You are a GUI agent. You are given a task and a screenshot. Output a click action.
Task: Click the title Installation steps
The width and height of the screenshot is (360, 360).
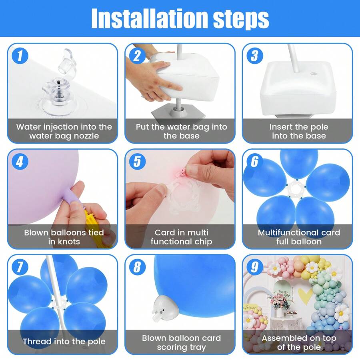pyautogui.click(x=180, y=18)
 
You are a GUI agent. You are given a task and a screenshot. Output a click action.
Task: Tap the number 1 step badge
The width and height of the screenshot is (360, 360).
pyautogui.click(x=20, y=56)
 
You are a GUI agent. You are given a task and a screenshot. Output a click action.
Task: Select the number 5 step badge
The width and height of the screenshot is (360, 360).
pyautogui.click(x=137, y=162)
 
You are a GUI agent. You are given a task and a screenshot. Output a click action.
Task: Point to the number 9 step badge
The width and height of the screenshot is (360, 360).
pyautogui.click(x=254, y=267)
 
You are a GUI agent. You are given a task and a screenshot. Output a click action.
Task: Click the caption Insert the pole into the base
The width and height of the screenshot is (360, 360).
pyautogui.click(x=299, y=131)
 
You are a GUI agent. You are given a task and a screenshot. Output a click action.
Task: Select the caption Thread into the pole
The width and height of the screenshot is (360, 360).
pyautogui.click(x=64, y=342)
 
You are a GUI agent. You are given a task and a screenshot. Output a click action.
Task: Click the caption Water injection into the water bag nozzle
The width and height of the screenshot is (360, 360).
pyautogui.click(x=64, y=131)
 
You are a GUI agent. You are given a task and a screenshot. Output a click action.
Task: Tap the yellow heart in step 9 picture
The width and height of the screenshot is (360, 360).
pyautogui.click(x=306, y=296)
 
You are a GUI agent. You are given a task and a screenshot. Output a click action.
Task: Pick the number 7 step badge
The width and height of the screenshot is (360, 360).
pyautogui.click(x=20, y=267)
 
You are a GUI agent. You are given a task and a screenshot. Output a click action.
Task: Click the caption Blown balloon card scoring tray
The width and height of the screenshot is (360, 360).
pyautogui.click(x=181, y=342)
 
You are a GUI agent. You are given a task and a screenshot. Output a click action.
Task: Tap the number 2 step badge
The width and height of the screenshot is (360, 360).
pyautogui.click(x=137, y=56)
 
